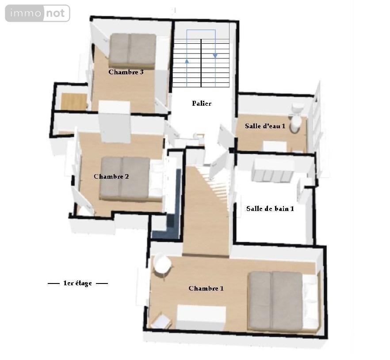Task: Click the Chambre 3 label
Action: (x=126, y=72)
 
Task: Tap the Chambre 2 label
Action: (x=111, y=176)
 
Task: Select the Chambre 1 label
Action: (x=206, y=288)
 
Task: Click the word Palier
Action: (x=202, y=103)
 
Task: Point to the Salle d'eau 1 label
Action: (x=265, y=126)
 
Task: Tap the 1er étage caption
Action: (x=78, y=283)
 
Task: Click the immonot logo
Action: (x=38, y=13)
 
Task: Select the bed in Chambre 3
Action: (x=133, y=51)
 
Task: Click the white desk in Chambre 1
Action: (x=201, y=318)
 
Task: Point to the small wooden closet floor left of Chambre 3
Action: (x=74, y=101)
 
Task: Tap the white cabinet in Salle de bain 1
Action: (x=273, y=170)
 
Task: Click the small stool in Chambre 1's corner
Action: (x=161, y=322)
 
